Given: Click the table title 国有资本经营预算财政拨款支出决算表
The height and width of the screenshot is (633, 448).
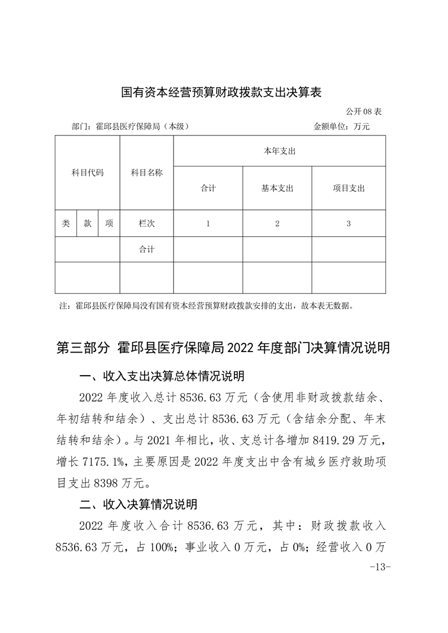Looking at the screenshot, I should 221,93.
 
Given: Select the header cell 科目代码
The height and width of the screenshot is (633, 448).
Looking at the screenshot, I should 87,173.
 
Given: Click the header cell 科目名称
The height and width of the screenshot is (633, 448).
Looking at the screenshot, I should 146,173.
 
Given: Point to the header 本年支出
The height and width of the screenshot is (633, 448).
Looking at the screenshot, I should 280,151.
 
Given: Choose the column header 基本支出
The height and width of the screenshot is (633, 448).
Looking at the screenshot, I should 277,188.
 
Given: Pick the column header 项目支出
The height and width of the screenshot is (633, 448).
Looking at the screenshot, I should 349,188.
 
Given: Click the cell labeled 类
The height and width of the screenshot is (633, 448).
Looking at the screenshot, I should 66,223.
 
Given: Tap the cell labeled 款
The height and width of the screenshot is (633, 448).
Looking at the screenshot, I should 88,223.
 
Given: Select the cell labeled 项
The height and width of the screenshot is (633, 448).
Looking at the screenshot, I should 109,223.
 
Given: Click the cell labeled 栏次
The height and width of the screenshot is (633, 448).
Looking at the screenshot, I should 146,223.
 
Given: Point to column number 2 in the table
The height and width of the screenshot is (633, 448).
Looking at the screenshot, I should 277,223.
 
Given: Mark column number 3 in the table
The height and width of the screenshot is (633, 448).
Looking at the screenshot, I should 349,223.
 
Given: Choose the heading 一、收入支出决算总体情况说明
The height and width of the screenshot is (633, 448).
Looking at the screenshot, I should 161,376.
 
